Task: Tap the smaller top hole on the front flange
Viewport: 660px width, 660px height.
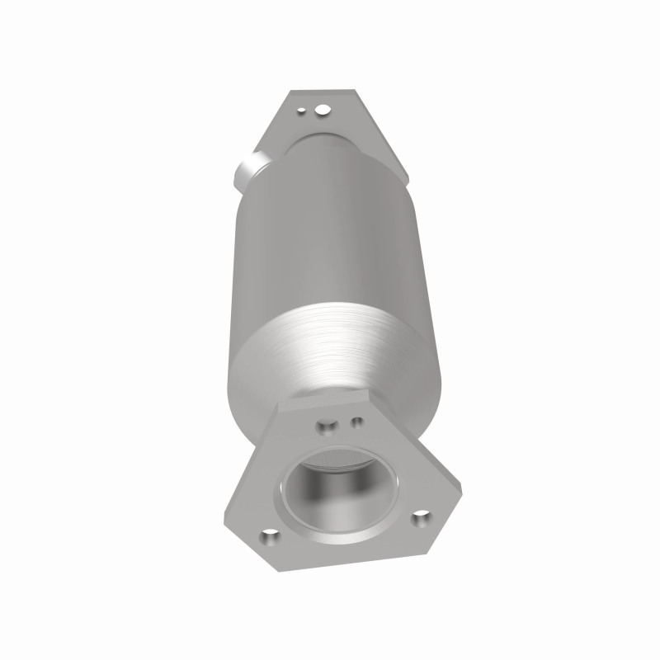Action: (357, 422)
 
